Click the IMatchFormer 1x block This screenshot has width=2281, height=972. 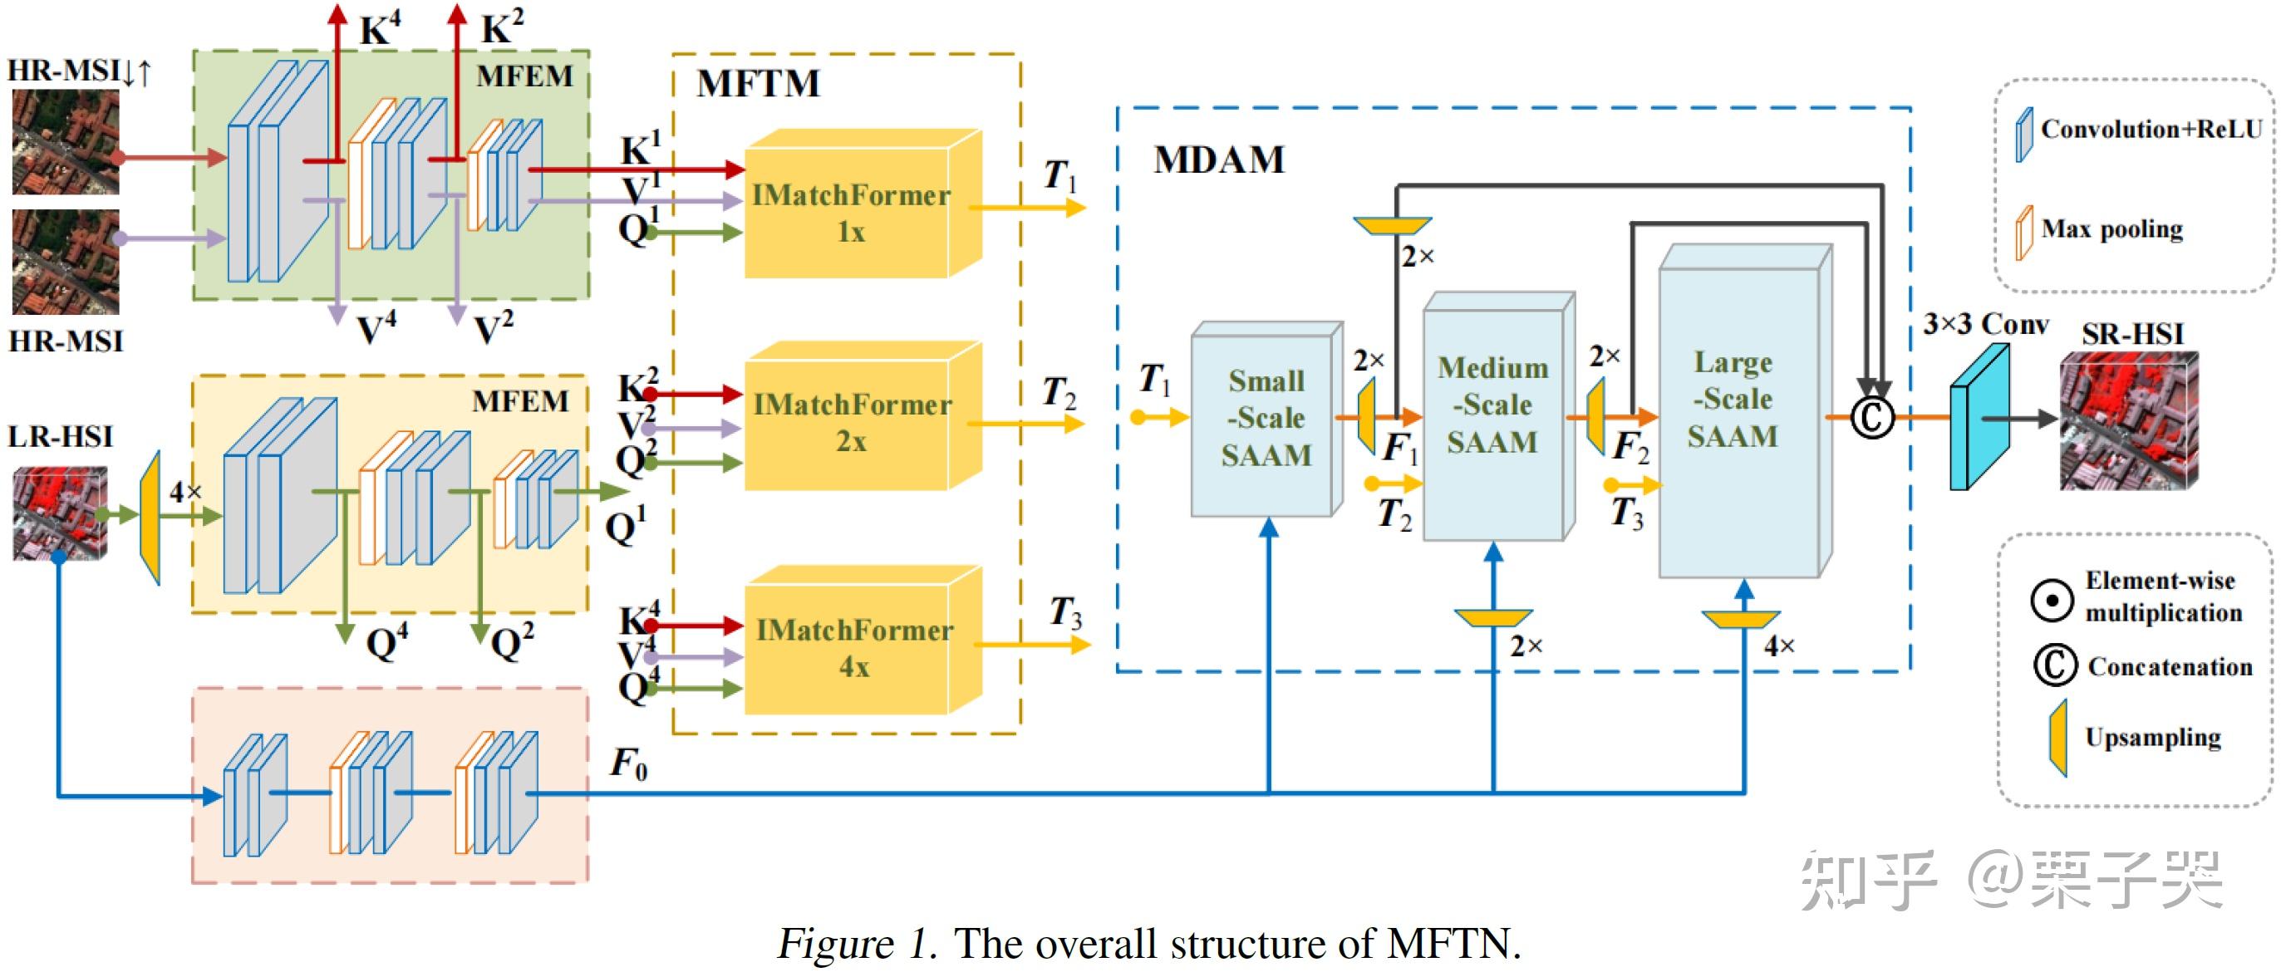[850, 213]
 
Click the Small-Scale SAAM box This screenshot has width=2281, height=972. [1265, 418]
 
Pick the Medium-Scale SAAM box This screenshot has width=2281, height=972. [1493, 416]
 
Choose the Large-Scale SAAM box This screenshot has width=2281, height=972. [1736, 411]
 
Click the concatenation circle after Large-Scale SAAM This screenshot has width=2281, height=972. [1872, 417]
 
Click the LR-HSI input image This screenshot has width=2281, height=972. [59, 513]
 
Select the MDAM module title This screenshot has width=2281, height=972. [1218, 160]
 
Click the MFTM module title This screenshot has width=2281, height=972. [758, 84]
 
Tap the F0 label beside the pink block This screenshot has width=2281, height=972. [629, 763]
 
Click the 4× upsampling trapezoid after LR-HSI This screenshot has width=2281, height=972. [151, 517]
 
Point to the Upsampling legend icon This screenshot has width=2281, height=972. [2057, 738]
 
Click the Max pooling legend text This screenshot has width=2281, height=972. [2111, 229]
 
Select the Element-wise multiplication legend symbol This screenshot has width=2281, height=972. [2051, 600]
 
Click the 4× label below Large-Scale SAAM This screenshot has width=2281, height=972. [1778, 646]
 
